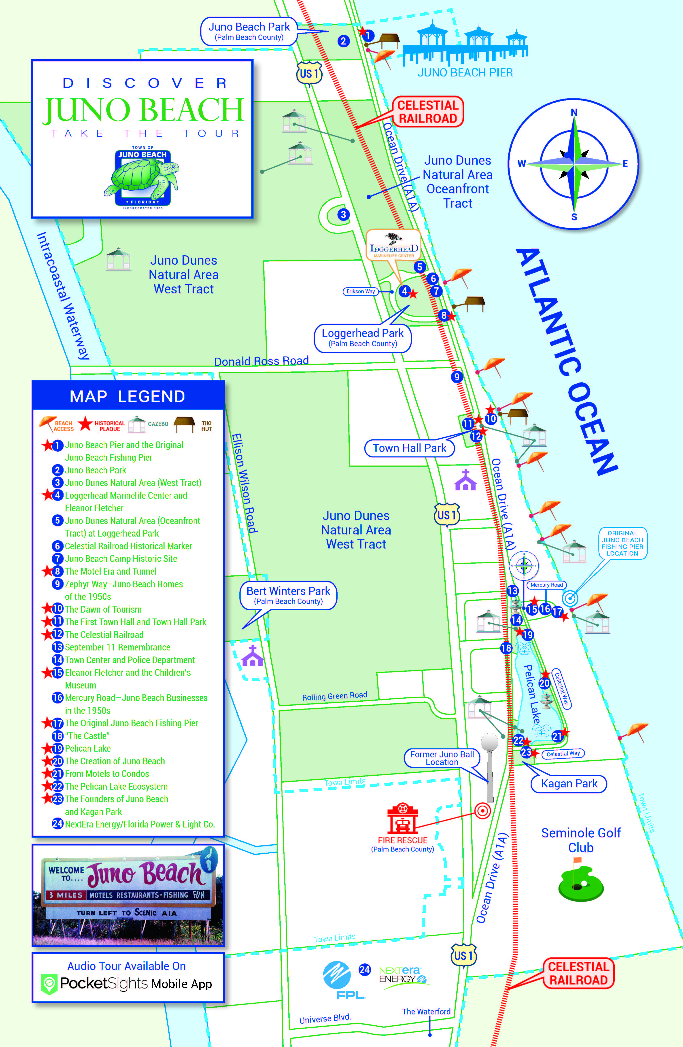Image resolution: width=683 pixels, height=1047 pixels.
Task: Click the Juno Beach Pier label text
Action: click(465, 73)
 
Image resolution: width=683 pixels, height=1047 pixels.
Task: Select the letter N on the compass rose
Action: click(574, 113)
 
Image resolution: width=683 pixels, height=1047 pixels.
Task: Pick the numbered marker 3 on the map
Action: click(343, 215)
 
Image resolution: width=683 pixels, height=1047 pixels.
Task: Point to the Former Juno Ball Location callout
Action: click(442, 758)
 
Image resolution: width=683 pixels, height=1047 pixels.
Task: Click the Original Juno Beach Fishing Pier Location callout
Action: click(622, 543)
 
